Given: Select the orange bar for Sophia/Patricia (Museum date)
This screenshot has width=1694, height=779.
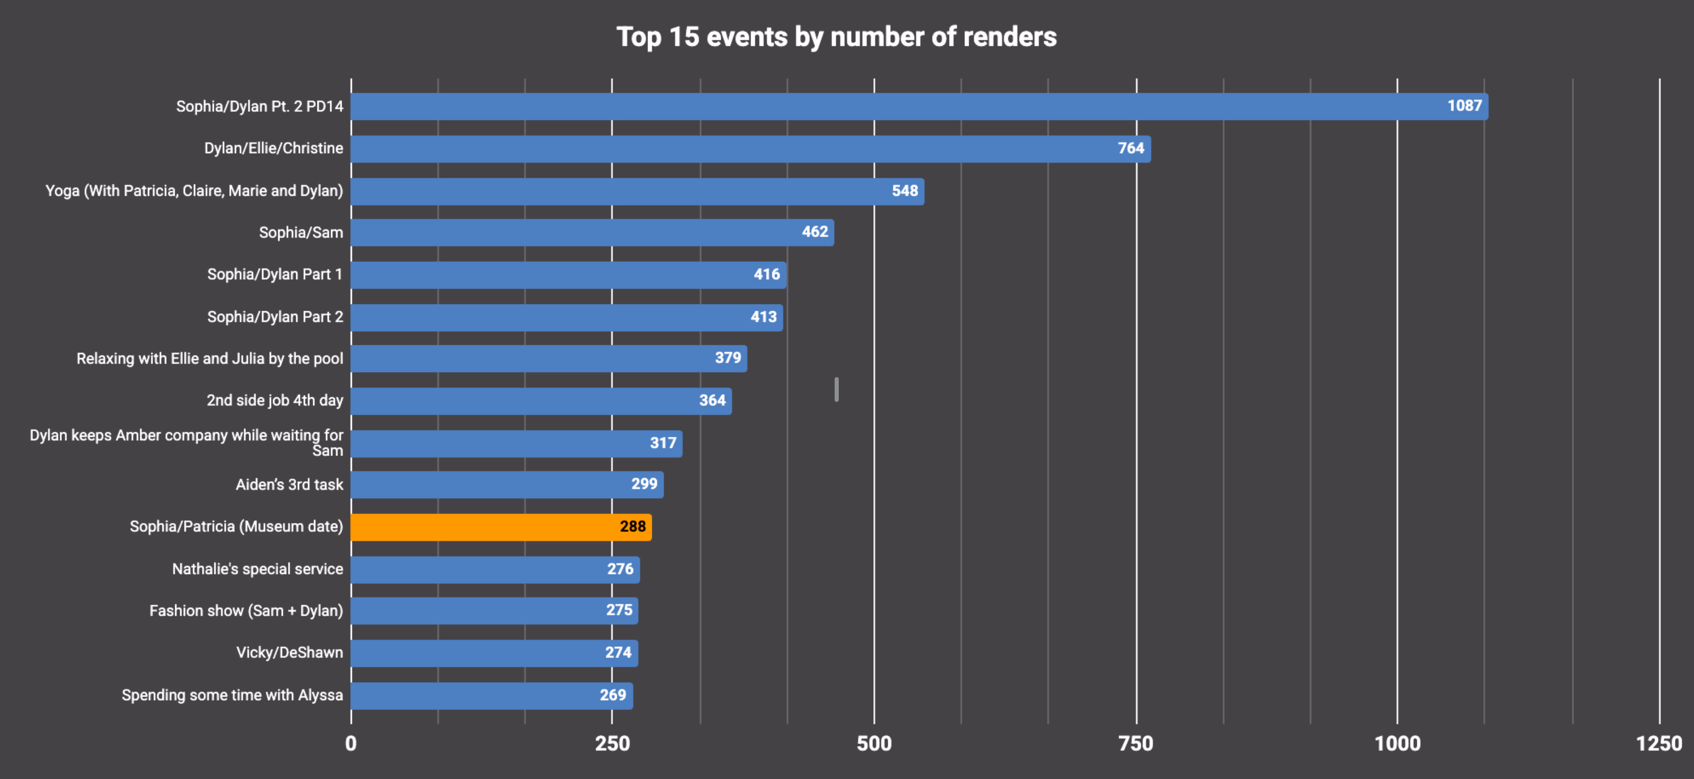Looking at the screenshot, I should click(500, 527).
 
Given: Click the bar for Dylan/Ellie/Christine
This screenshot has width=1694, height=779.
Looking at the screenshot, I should click(750, 148).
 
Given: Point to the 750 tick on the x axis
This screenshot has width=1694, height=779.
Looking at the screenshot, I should click(1136, 743).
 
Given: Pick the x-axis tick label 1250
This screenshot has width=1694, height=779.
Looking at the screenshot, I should click(1658, 743).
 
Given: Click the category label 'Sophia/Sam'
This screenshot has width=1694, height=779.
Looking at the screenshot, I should click(300, 233).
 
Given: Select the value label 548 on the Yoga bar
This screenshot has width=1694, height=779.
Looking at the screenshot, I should click(904, 191).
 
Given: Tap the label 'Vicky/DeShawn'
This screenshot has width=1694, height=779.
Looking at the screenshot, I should click(290, 653).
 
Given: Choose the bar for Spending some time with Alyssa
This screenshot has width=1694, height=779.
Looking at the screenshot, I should click(491, 696).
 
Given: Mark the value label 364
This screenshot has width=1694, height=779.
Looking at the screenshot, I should click(712, 400).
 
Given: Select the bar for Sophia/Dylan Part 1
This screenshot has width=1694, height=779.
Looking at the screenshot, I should click(568, 275).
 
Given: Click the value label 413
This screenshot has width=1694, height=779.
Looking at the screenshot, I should click(764, 317).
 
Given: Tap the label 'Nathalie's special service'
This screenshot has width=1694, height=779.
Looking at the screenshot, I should click(257, 569).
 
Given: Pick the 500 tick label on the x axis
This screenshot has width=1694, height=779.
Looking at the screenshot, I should click(874, 743).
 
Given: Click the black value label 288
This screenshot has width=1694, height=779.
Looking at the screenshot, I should click(633, 527).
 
